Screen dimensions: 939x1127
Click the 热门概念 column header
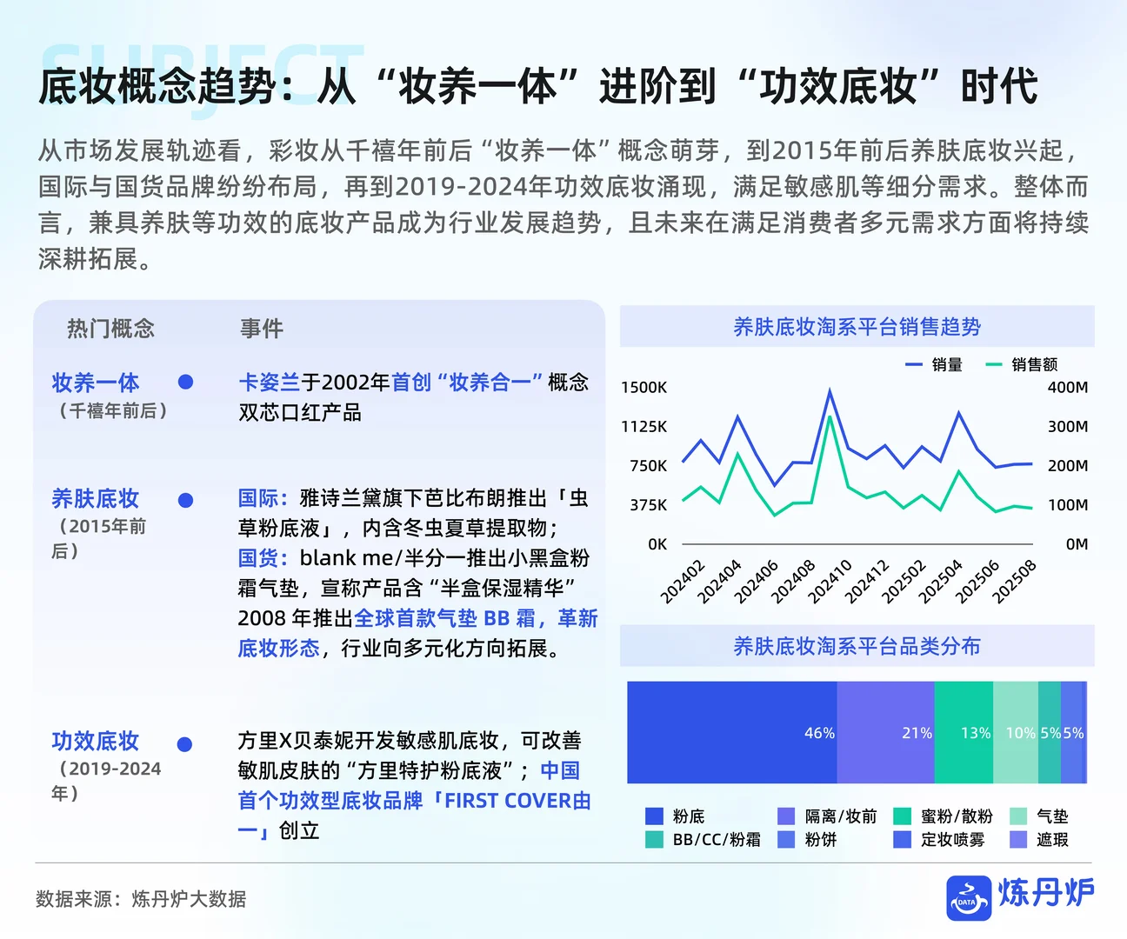click(x=110, y=329)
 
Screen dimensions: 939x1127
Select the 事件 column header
click(x=262, y=329)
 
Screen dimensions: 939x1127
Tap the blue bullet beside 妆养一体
click(x=185, y=382)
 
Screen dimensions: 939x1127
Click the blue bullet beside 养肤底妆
click(x=185, y=500)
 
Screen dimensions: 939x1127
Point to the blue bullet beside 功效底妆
click(x=184, y=744)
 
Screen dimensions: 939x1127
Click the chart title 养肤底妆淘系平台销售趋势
click(x=857, y=327)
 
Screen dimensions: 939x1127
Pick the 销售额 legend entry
click(x=1023, y=365)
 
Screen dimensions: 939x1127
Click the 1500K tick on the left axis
click(x=644, y=388)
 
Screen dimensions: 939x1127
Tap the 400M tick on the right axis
click(x=1068, y=388)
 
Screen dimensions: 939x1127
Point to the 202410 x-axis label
click(x=830, y=582)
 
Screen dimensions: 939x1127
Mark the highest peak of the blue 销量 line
click(x=830, y=390)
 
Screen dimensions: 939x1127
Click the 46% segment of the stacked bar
click(x=732, y=733)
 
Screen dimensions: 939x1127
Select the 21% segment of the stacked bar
click(x=885, y=733)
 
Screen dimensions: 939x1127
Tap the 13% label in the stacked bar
click(x=975, y=733)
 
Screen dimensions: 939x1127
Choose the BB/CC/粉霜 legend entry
click(x=704, y=840)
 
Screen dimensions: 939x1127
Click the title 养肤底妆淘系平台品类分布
click(x=857, y=646)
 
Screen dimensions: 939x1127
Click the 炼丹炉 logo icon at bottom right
click(x=969, y=898)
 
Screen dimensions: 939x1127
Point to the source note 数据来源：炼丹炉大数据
click(x=141, y=899)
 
